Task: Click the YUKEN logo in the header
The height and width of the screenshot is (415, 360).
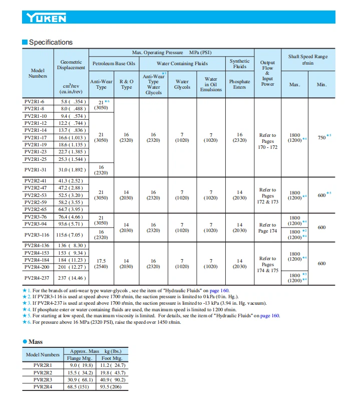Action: pos(47,19)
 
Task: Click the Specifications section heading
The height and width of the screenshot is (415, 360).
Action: pos(51,42)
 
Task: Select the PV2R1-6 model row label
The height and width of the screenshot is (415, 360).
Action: pos(35,101)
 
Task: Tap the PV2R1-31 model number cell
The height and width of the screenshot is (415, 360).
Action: pos(36,169)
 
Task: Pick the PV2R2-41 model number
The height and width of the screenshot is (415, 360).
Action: pos(36,180)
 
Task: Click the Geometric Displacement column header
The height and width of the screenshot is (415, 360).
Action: pos(71,65)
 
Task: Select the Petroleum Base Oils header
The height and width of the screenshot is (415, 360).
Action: pos(114,64)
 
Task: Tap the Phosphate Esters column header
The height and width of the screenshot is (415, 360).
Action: pos(239,84)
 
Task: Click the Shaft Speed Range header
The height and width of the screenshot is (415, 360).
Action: pos(307,59)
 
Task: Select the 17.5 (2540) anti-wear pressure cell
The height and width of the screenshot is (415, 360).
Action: pos(101,264)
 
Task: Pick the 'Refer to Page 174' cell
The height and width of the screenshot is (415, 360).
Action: pos(268,228)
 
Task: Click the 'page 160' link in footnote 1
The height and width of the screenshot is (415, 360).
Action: pos(219,290)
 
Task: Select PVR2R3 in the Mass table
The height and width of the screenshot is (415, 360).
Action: pos(43,379)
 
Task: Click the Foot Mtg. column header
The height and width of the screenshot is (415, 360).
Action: pos(111,358)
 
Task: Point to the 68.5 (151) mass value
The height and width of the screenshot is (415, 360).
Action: pos(80,386)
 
